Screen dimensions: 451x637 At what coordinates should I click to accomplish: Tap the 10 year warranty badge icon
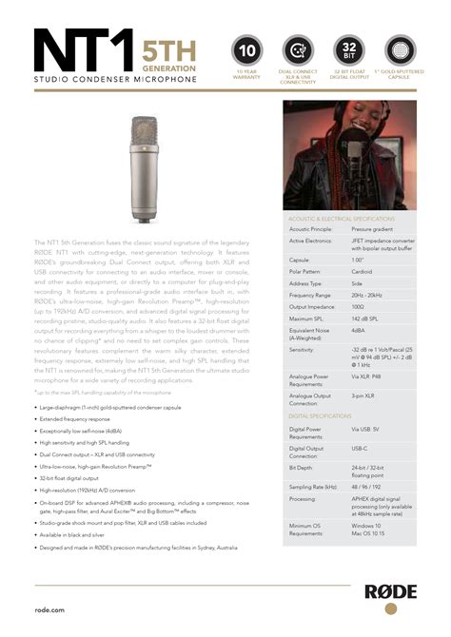(x=246, y=48)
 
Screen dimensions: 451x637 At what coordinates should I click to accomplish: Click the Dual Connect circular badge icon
(x=297, y=48)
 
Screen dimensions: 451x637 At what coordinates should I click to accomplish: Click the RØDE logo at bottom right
(x=389, y=592)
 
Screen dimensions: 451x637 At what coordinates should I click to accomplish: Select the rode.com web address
(x=49, y=608)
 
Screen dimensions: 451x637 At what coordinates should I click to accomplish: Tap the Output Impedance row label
(x=314, y=306)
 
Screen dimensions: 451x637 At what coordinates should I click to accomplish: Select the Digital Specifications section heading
(x=321, y=416)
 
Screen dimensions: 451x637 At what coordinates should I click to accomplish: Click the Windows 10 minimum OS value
(x=366, y=526)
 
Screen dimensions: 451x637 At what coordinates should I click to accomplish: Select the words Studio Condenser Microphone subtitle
(x=115, y=79)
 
